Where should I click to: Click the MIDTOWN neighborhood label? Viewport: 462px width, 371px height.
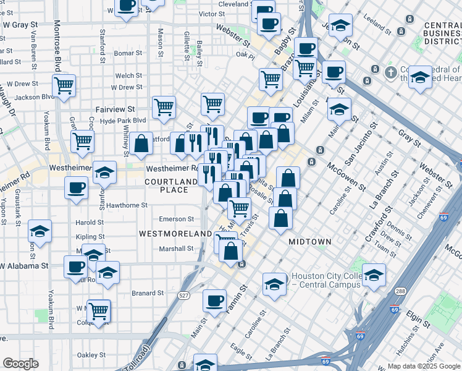[x=310, y=242]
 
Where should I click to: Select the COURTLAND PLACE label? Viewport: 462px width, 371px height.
[x=166, y=185]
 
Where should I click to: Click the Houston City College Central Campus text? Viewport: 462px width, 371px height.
[x=325, y=281]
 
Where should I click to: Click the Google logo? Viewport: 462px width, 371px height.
[x=20, y=364]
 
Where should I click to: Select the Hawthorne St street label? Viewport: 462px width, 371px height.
[x=127, y=205]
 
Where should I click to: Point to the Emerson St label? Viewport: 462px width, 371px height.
[x=177, y=219]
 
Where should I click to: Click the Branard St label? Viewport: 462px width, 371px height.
[x=148, y=293]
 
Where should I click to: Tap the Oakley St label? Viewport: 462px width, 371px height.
[x=91, y=355]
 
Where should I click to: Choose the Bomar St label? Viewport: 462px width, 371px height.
[x=128, y=53]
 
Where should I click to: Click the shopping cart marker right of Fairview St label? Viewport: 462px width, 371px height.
[x=164, y=106]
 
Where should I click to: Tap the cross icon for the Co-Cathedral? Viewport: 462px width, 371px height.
[x=390, y=73]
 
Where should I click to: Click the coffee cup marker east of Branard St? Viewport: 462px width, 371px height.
[x=214, y=301]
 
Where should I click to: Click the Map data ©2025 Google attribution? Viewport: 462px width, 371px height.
[x=423, y=366]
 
